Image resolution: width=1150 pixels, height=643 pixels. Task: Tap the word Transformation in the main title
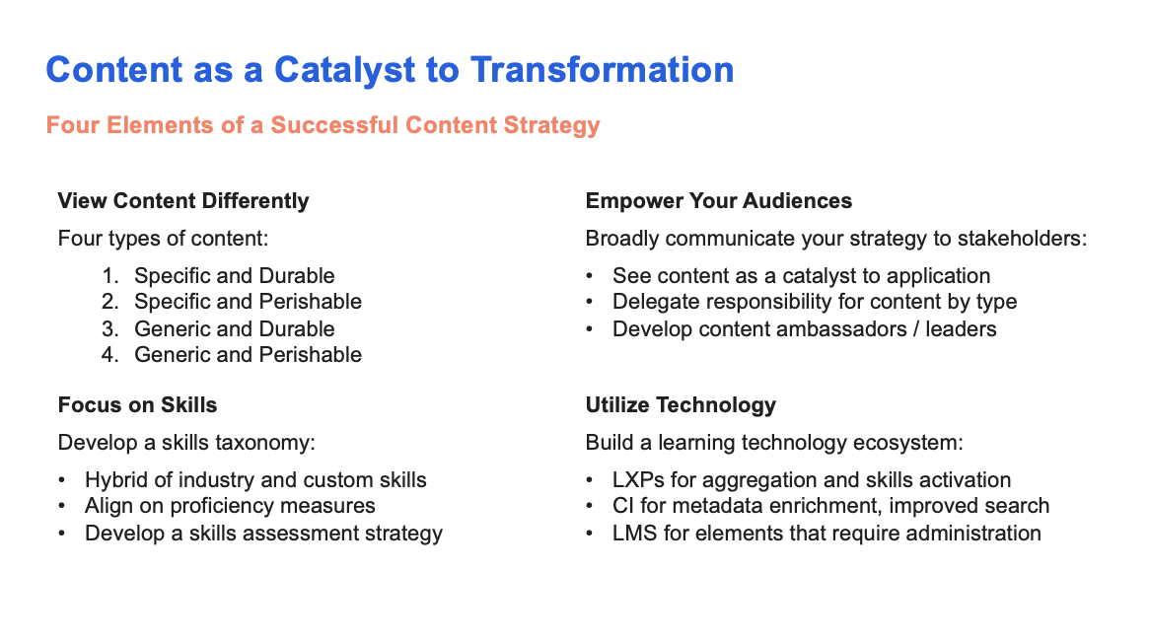(x=603, y=70)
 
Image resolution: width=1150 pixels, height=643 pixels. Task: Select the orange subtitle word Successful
(x=334, y=124)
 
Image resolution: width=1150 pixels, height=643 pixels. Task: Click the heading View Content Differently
(x=183, y=201)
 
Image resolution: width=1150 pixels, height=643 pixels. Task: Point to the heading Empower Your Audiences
(x=719, y=201)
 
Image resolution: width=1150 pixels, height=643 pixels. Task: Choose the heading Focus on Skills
(x=138, y=404)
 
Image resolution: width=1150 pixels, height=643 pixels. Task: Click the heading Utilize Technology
(x=681, y=405)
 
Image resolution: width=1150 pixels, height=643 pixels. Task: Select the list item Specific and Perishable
(x=248, y=302)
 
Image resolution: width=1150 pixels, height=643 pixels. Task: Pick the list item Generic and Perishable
(x=248, y=355)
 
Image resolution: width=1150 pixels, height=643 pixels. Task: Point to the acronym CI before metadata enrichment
(x=623, y=506)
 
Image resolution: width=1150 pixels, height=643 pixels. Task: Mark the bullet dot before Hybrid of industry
(x=62, y=481)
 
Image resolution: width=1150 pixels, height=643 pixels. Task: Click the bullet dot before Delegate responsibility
(x=590, y=303)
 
